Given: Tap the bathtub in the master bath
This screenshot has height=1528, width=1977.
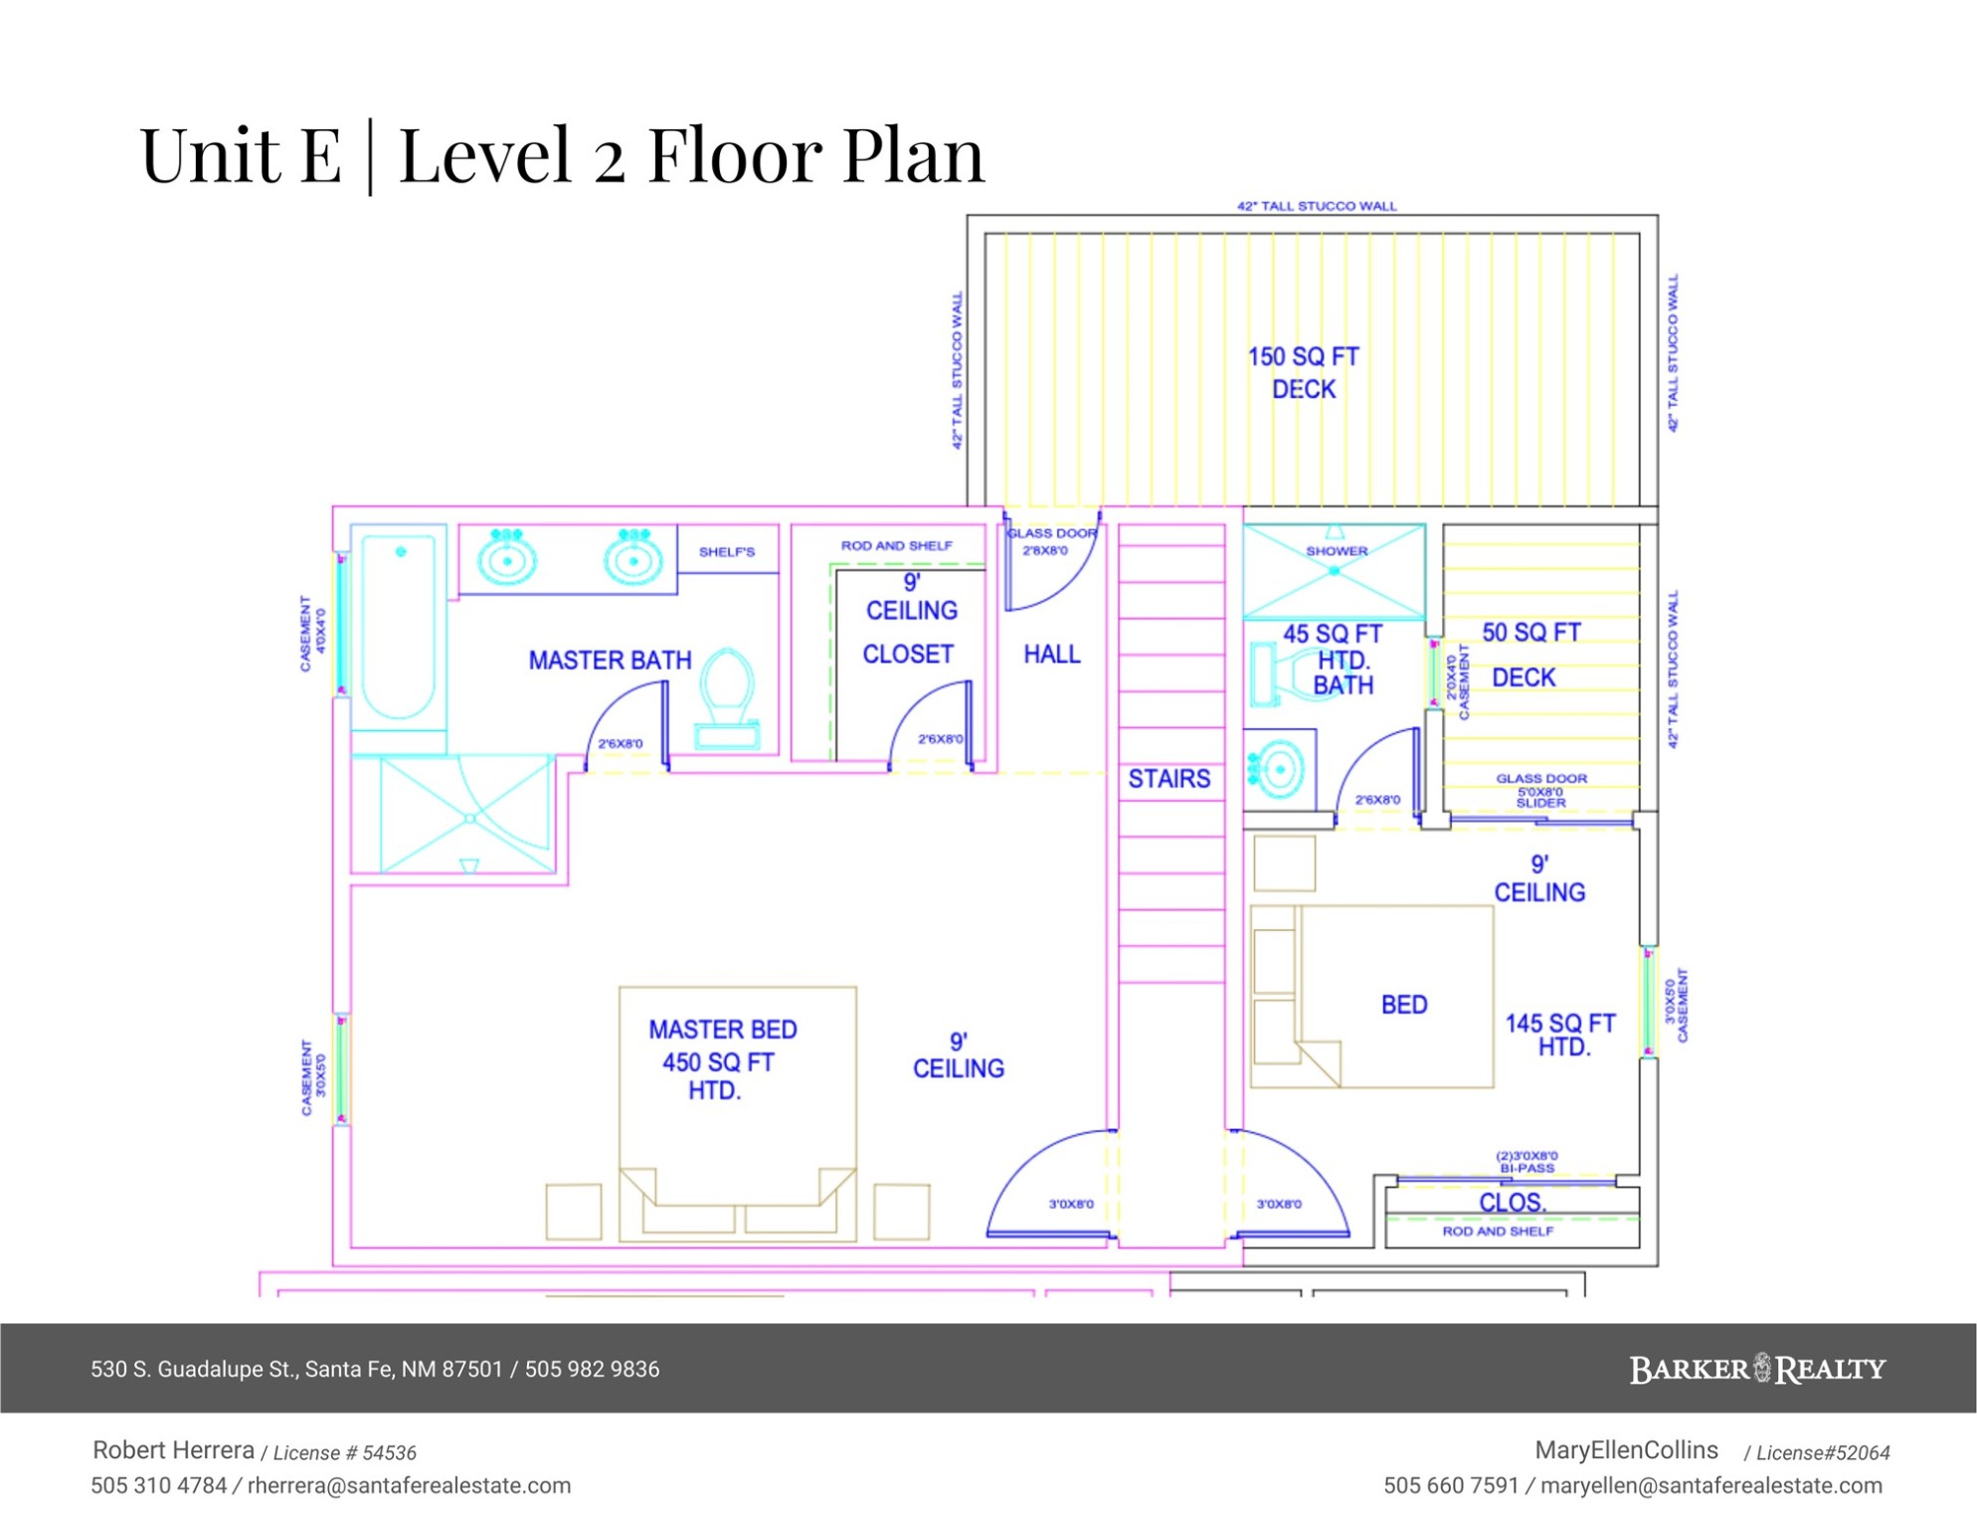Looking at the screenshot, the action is click(398, 627).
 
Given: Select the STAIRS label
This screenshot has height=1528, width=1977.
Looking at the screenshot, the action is click(1168, 778).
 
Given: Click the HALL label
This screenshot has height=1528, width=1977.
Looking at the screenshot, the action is click(1052, 654).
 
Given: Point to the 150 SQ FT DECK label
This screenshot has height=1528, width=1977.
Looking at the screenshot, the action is click(1304, 372).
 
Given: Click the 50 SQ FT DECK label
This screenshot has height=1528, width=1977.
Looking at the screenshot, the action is click(1529, 655).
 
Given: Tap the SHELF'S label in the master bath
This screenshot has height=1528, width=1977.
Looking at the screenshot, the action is click(727, 551).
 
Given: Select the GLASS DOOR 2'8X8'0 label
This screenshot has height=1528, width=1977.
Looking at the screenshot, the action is click(1051, 541).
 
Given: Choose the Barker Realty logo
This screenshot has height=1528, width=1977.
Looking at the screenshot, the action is click(1757, 1369).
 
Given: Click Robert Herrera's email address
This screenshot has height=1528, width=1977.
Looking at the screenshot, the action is click(409, 1485).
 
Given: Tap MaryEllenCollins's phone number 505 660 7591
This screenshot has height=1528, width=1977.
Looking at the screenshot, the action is click(1451, 1485).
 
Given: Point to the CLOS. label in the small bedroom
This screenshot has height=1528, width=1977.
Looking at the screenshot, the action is click(1512, 1203).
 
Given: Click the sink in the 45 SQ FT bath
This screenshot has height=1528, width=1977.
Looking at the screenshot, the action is click(1277, 767).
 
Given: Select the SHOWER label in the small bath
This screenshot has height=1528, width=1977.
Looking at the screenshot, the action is click(1337, 550).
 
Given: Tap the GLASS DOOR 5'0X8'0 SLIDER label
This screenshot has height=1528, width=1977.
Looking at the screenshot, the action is click(1540, 790).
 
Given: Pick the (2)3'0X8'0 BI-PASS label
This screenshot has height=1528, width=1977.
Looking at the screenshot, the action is click(1527, 1162).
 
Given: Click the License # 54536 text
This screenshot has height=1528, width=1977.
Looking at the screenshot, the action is click(344, 1452).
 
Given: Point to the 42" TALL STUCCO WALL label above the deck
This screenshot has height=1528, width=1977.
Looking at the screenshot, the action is click(1317, 206).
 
